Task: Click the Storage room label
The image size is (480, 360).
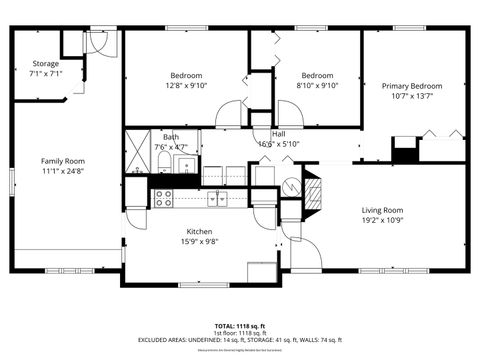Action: [45, 64]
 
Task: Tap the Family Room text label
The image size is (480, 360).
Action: [62, 161]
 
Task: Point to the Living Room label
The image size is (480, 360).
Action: [382, 210]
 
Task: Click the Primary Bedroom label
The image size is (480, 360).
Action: [411, 87]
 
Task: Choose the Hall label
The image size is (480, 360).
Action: [278, 133]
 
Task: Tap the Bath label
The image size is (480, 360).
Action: [172, 137]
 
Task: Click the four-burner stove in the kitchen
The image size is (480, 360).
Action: [165, 198]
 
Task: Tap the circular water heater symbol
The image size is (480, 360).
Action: [290, 186]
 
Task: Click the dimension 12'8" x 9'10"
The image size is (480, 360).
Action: [186, 86]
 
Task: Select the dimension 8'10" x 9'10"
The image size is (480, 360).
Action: [317, 86]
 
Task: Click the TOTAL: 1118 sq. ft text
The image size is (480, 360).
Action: [239, 325]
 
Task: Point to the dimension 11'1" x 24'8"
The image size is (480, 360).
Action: [62, 172]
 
